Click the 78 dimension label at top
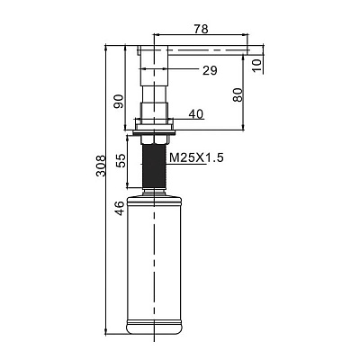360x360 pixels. pos(201,29)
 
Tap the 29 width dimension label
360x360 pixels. pos(210,71)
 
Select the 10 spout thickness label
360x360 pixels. pos(256,65)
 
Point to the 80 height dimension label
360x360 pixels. pos(238,94)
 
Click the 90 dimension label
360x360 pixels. pos(118,102)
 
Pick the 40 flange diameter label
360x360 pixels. pos(196,114)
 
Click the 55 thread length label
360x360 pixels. pos(121,160)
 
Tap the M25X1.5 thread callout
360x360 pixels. pos(196,157)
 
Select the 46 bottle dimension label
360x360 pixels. pos(120,208)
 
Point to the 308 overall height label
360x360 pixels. pos(101,166)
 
